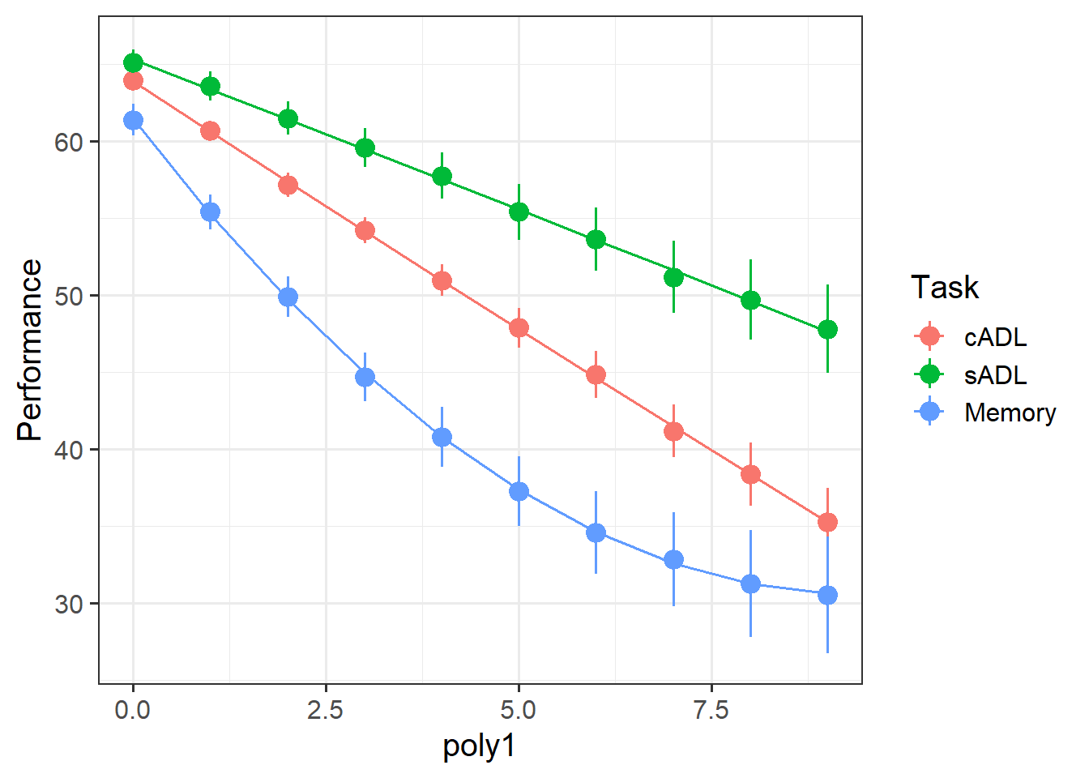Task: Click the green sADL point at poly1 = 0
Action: click(x=133, y=63)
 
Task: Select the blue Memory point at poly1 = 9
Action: click(x=827, y=596)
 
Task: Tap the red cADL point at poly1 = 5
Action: click(x=519, y=328)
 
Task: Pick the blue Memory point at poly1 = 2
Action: click(x=288, y=297)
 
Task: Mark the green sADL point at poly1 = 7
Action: click(x=673, y=277)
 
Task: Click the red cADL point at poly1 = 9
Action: click(x=827, y=523)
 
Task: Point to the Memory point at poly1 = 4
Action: click(x=442, y=438)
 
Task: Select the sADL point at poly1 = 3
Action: click(x=365, y=148)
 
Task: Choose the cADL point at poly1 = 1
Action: click(x=210, y=131)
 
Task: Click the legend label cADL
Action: click(x=995, y=337)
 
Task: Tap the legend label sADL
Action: click(x=995, y=375)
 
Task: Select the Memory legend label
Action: click(x=1010, y=413)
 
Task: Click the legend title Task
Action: click(x=944, y=288)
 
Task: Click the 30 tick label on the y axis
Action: click(x=69, y=604)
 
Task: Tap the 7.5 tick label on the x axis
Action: click(x=711, y=711)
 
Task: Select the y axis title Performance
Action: click(x=30, y=350)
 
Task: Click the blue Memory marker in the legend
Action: click(x=929, y=413)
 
